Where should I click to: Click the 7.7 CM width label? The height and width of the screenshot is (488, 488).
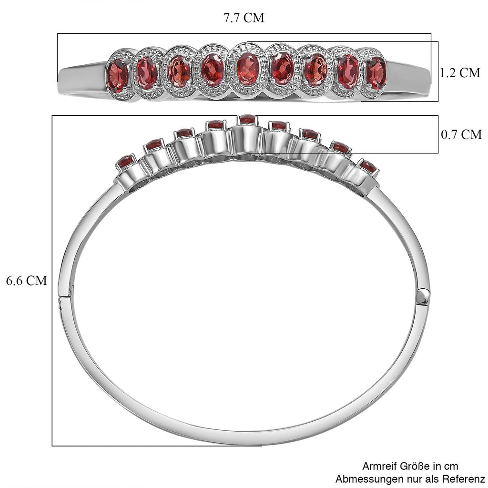pyautogui.click(x=244, y=18)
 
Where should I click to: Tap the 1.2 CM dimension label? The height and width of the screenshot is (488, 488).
pyautogui.click(x=460, y=73)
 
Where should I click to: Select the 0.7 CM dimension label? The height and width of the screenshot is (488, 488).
pyautogui.click(x=461, y=134)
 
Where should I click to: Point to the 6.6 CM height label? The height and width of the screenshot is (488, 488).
pyautogui.click(x=27, y=280)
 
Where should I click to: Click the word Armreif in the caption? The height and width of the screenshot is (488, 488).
pyautogui.click(x=379, y=466)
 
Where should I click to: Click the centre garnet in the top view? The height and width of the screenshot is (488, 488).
pyautogui.click(x=248, y=69)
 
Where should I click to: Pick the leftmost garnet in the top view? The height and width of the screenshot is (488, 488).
pyautogui.click(x=117, y=76)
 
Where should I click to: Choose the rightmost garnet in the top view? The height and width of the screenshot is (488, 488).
pyautogui.click(x=376, y=73)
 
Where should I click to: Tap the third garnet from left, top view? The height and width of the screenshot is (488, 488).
pyautogui.click(x=179, y=71)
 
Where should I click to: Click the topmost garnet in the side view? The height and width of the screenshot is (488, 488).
pyautogui.click(x=247, y=119)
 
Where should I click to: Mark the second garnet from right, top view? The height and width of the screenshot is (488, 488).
pyautogui.click(x=348, y=71)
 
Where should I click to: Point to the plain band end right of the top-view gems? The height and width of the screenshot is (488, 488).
pyautogui.click(x=408, y=80)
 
